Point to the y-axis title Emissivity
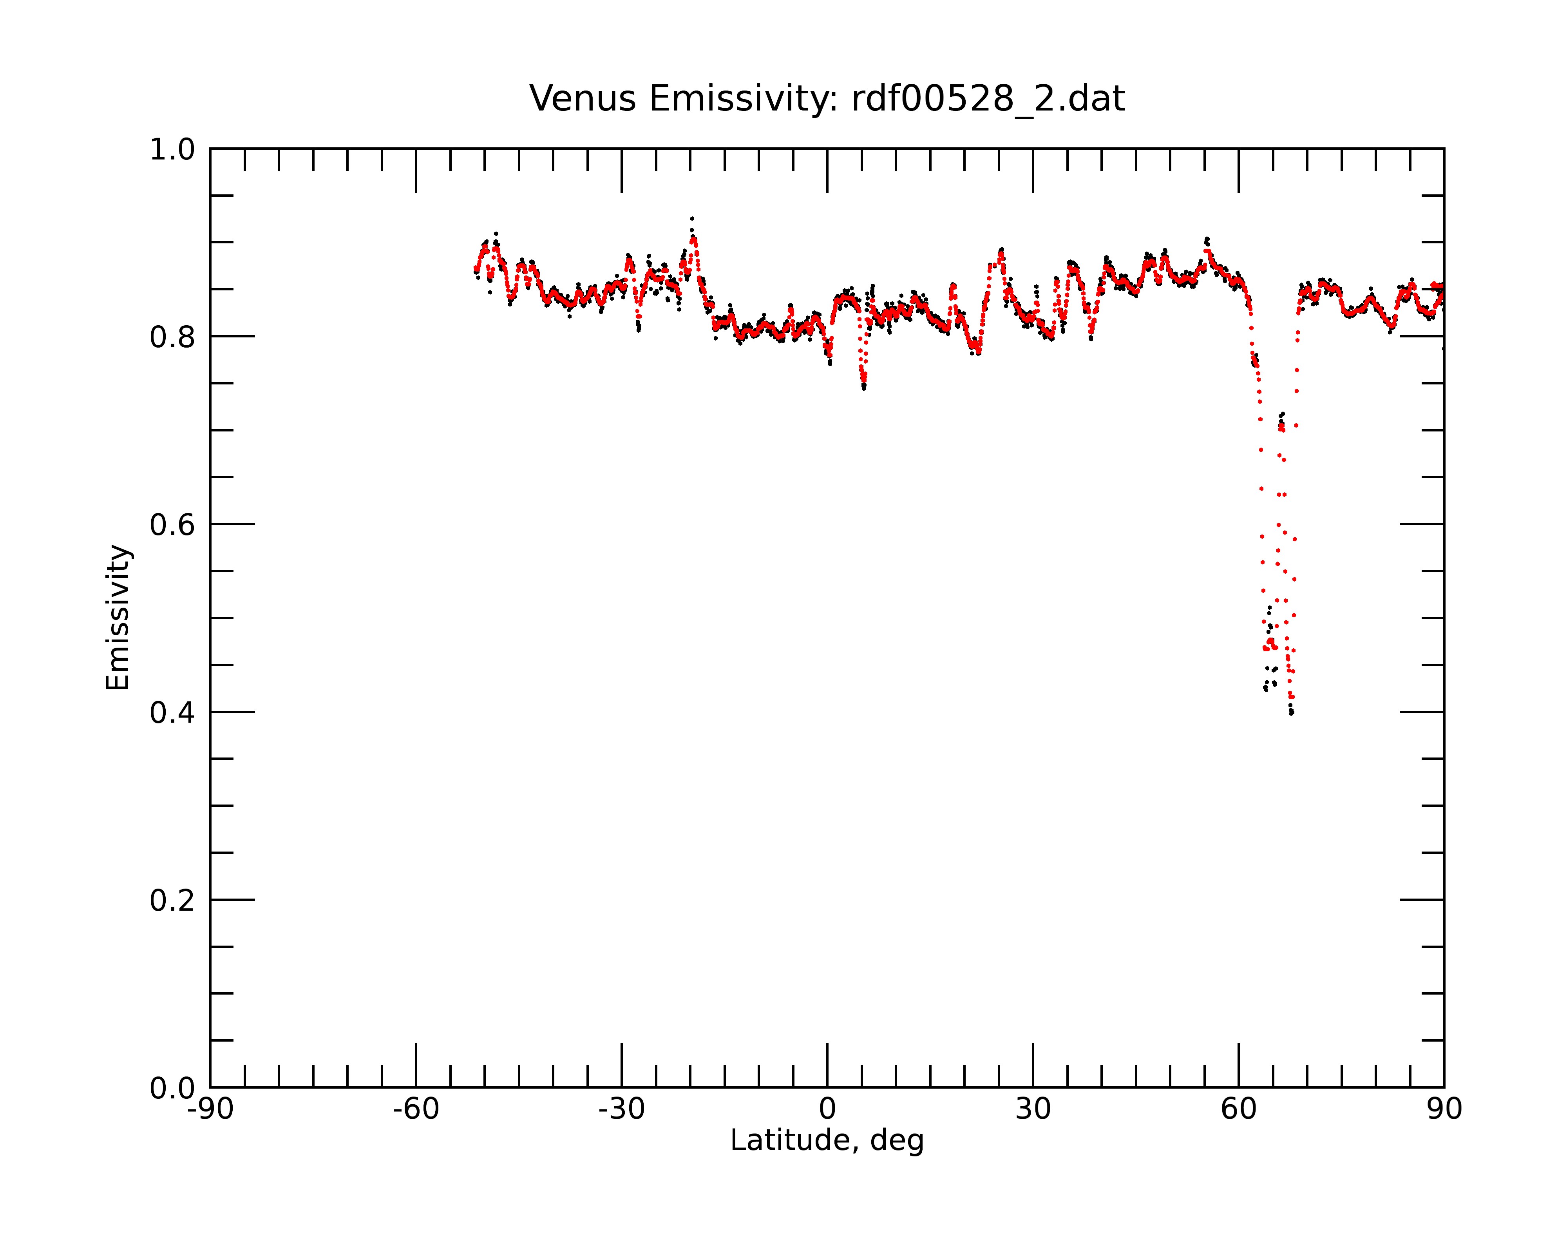(118, 617)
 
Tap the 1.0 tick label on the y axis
(172, 150)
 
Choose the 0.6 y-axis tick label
(172, 525)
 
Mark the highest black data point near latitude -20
(692, 219)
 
